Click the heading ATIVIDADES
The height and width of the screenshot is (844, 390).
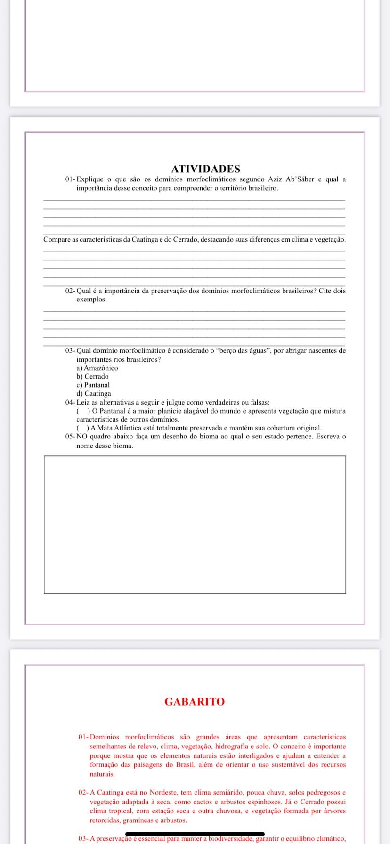205,169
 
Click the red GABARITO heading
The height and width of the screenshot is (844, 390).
195,702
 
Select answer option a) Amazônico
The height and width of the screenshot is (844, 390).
97,368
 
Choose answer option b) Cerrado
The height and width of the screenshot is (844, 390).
92,377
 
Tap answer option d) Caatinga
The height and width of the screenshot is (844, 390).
94,394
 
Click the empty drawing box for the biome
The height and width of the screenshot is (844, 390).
195,524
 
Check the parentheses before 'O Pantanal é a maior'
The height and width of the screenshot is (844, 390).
81,411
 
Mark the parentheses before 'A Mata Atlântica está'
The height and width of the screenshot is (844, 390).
81,428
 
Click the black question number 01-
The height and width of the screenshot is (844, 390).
70,179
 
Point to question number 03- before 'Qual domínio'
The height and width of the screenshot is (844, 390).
70,351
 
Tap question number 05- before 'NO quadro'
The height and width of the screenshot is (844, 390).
70,437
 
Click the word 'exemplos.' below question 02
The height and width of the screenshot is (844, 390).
91,300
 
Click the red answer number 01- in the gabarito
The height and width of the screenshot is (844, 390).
83,737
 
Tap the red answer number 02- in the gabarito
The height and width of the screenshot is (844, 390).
83,793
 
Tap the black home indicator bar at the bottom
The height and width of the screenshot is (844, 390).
195,834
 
